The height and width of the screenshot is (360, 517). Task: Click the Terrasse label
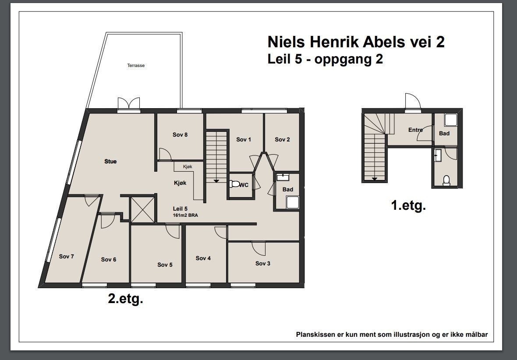(136, 66)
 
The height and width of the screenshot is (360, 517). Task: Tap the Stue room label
(110, 162)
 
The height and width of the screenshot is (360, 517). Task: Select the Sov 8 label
(180, 135)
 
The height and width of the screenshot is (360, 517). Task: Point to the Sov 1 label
(244, 140)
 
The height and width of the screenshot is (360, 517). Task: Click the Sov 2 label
(282, 140)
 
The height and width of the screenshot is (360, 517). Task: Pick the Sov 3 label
(263, 264)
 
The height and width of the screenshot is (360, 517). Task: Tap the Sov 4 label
(203, 258)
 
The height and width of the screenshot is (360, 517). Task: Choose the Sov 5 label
(165, 265)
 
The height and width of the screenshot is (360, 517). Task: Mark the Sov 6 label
(109, 260)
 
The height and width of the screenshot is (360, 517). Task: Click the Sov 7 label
(66, 257)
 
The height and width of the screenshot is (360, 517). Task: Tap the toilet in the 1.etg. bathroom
(446, 180)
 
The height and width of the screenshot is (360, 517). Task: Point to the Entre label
(415, 130)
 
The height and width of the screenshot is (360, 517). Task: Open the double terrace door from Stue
(129, 104)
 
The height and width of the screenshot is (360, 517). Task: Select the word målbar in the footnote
(475, 335)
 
